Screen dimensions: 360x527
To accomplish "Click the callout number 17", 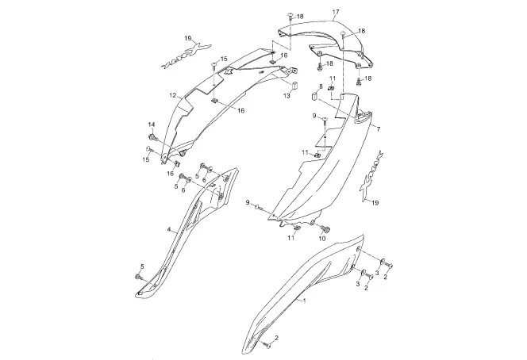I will (x=336, y=12).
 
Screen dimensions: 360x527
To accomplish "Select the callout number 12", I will (x=171, y=96).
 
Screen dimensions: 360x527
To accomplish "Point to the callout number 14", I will (x=151, y=125).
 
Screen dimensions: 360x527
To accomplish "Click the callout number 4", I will (x=168, y=229).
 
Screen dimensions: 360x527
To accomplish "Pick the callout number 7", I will (x=378, y=128).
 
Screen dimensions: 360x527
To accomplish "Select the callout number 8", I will (x=321, y=86).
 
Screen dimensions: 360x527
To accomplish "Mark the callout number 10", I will (x=323, y=238).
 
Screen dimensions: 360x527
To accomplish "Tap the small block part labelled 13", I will (x=290, y=83).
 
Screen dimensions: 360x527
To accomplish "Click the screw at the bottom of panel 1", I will (x=263, y=345).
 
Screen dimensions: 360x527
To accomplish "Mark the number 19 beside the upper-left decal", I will (x=189, y=38).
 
